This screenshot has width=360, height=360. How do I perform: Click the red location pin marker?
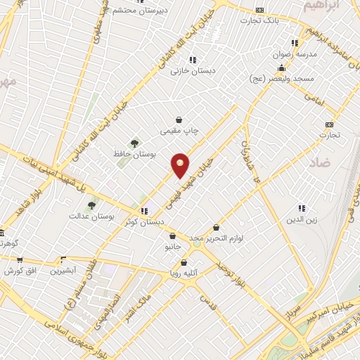(181, 165)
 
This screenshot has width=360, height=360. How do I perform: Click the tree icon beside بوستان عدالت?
(91, 205)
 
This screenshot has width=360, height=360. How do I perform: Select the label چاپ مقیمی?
(180, 131)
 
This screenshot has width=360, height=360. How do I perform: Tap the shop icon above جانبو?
(172, 236)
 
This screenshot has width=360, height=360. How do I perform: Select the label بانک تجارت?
(260, 20)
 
